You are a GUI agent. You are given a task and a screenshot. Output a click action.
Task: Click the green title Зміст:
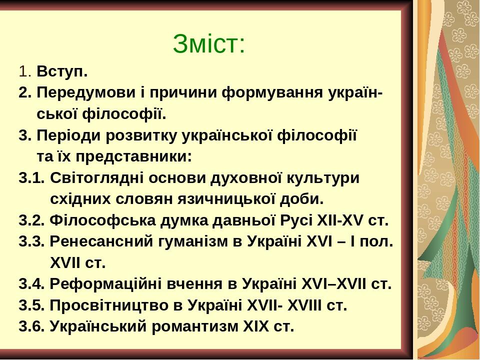click(x=209, y=43)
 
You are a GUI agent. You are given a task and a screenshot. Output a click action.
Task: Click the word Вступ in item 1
click(x=60, y=72)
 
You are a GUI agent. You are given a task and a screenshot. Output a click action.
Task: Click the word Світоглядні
click(x=97, y=178)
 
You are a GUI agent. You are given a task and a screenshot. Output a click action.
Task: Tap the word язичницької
click(x=224, y=199)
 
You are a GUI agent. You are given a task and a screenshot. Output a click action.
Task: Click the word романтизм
click(x=195, y=327)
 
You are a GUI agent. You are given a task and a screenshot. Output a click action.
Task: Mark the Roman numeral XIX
click(x=255, y=326)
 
